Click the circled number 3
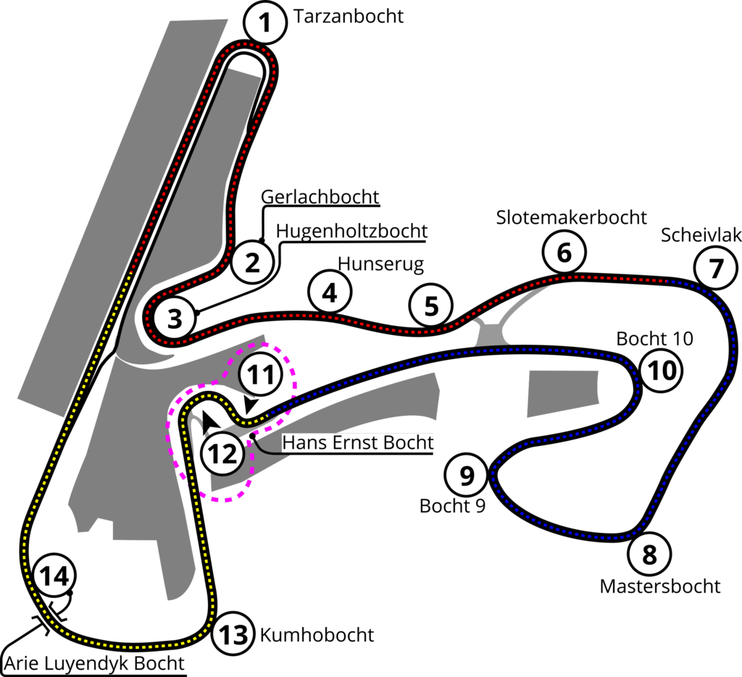(x=174, y=319)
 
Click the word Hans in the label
(x=300, y=442)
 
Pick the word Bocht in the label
(x=410, y=442)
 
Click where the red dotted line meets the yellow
(x=131, y=272)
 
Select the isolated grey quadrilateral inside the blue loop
(x=563, y=393)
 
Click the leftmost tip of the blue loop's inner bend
(x=493, y=478)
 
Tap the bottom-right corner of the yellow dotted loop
(x=210, y=623)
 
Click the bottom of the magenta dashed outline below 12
(x=225, y=501)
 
